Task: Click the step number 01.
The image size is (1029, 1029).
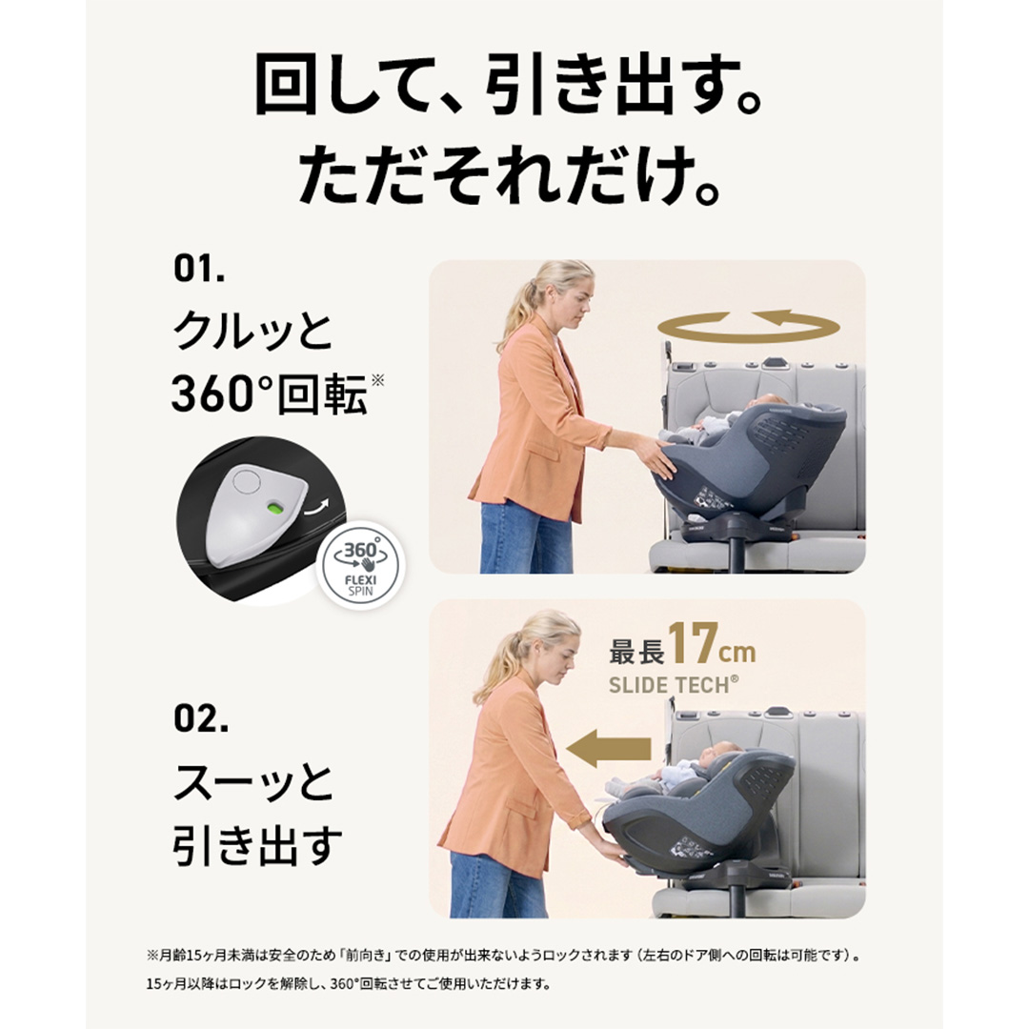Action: tap(199, 268)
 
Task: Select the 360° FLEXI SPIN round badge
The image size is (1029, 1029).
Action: tap(361, 565)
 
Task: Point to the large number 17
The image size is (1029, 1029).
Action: tap(692, 643)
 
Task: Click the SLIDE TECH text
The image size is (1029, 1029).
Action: tap(674, 685)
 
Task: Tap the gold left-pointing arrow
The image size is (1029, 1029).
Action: tap(608, 748)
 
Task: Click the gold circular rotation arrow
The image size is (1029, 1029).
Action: tap(749, 326)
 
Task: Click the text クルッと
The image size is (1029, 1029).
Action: tap(253, 330)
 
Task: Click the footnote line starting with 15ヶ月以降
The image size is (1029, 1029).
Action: tap(348, 983)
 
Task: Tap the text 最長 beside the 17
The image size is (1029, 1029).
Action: tap(636, 651)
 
